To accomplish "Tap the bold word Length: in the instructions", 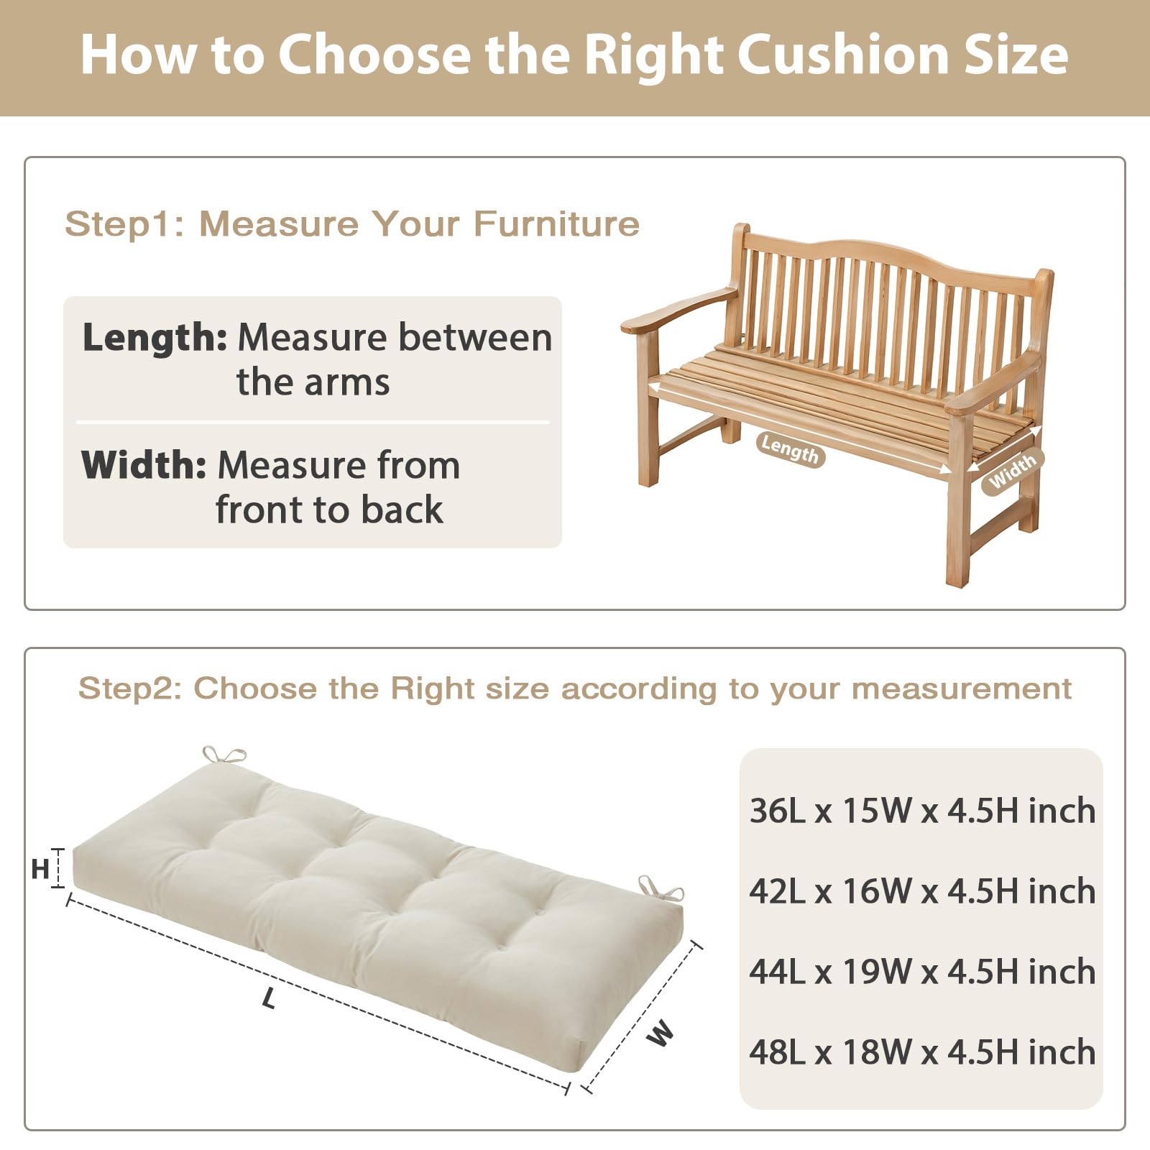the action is coord(155,337).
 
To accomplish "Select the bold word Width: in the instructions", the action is coord(144,464).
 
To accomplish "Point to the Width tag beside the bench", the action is coord(1012,471).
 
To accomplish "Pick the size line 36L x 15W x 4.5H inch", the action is coord(922,811).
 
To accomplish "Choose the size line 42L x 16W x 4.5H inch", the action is coord(922,891).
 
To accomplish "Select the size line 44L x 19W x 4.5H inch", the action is coord(922,972).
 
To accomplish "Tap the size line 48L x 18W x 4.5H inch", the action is coord(922,1052).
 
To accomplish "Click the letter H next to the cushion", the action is coord(40,870).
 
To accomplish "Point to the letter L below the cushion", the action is coord(269,998).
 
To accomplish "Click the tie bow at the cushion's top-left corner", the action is coord(224,755).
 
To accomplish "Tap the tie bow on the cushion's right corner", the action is coord(661,889).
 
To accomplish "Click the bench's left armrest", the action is coord(678,310).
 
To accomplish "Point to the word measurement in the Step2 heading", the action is coord(962,689).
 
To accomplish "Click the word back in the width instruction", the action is coord(402,510).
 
